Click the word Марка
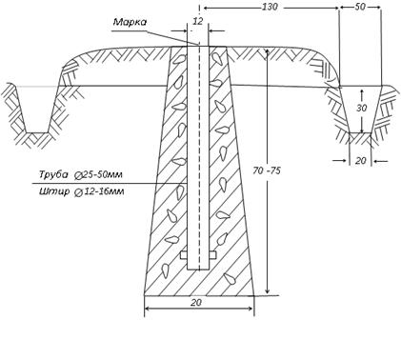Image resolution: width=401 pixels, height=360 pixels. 130,22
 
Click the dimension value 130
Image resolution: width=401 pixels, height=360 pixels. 270,7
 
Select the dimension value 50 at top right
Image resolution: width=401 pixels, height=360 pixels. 360,7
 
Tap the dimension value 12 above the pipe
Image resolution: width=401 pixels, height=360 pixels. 197,21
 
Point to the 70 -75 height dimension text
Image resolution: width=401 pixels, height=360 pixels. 267,170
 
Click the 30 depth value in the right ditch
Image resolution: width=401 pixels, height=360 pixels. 361,109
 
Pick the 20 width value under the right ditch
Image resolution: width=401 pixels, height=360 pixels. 360,161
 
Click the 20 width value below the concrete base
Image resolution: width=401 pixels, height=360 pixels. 196,302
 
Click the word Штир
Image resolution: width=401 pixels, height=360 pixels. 54,191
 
